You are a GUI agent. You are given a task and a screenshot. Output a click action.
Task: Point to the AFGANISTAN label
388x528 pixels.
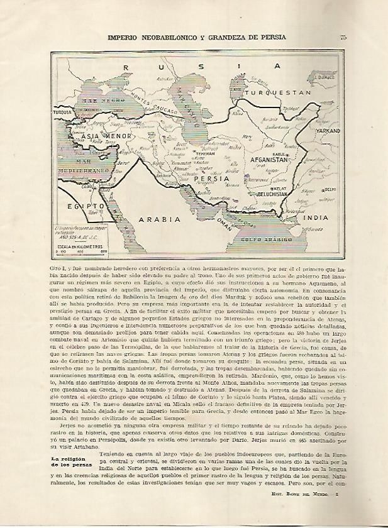click(271, 160)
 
